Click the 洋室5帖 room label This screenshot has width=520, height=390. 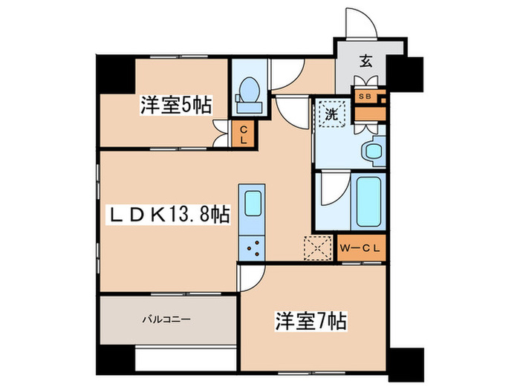175,106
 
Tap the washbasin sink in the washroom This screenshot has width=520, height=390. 371,152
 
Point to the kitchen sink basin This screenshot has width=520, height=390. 253,203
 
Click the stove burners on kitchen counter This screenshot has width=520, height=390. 252,247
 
